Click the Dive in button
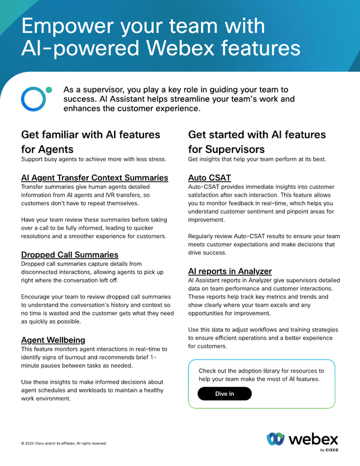[x=224, y=393]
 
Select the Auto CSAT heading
[x=209, y=178]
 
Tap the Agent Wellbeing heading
[x=53, y=340]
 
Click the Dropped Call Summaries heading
[x=70, y=255]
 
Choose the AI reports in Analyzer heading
[x=230, y=271]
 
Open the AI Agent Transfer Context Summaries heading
[x=95, y=178]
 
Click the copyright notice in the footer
[x=64, y=444]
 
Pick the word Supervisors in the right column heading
[x=242, y=149]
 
